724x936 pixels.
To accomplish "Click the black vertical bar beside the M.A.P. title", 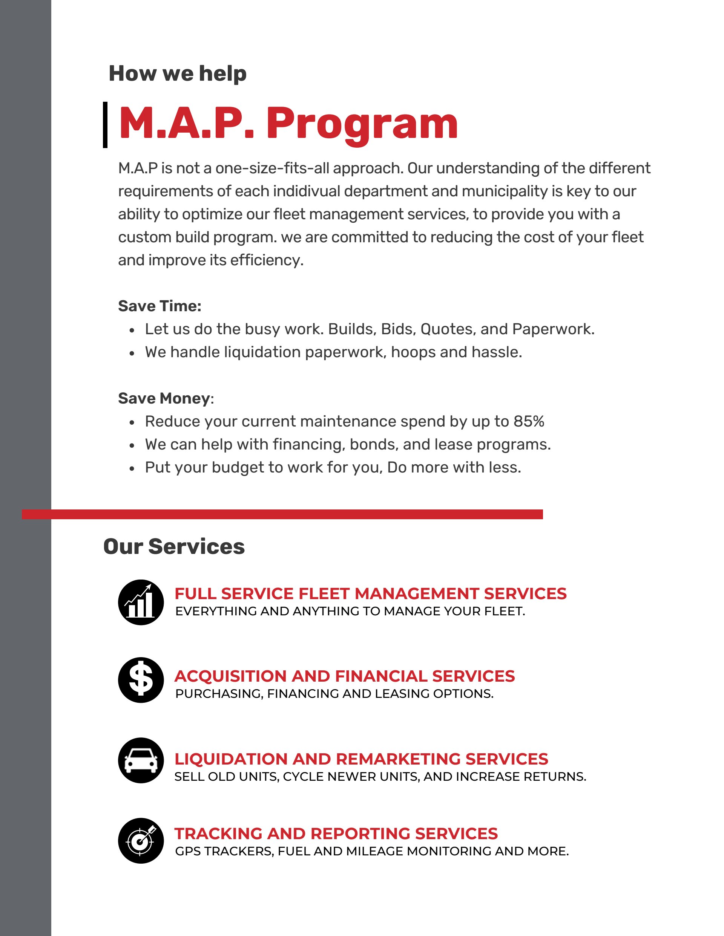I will tap(105, 125).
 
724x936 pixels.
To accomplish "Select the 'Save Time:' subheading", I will tap(160, 306).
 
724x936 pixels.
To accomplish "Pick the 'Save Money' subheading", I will tap(164, 398).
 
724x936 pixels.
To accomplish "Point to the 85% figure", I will tap(529, 421).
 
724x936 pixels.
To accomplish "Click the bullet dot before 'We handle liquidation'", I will tap(132, 353).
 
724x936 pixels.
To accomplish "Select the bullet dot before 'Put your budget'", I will tap(132, 468).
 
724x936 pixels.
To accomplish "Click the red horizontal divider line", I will tap(282, 514).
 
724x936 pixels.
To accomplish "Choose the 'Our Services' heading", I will tap(174, 546).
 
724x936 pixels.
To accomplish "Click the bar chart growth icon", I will tap(141, 602).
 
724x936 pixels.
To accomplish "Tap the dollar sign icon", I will tap(141, 680).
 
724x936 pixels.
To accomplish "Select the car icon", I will tap(141, 760).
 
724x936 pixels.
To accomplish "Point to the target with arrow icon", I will tap(141, 841).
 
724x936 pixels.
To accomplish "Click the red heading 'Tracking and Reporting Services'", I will tap(336, 834).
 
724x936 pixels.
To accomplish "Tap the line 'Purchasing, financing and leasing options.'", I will tap(334, 693).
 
